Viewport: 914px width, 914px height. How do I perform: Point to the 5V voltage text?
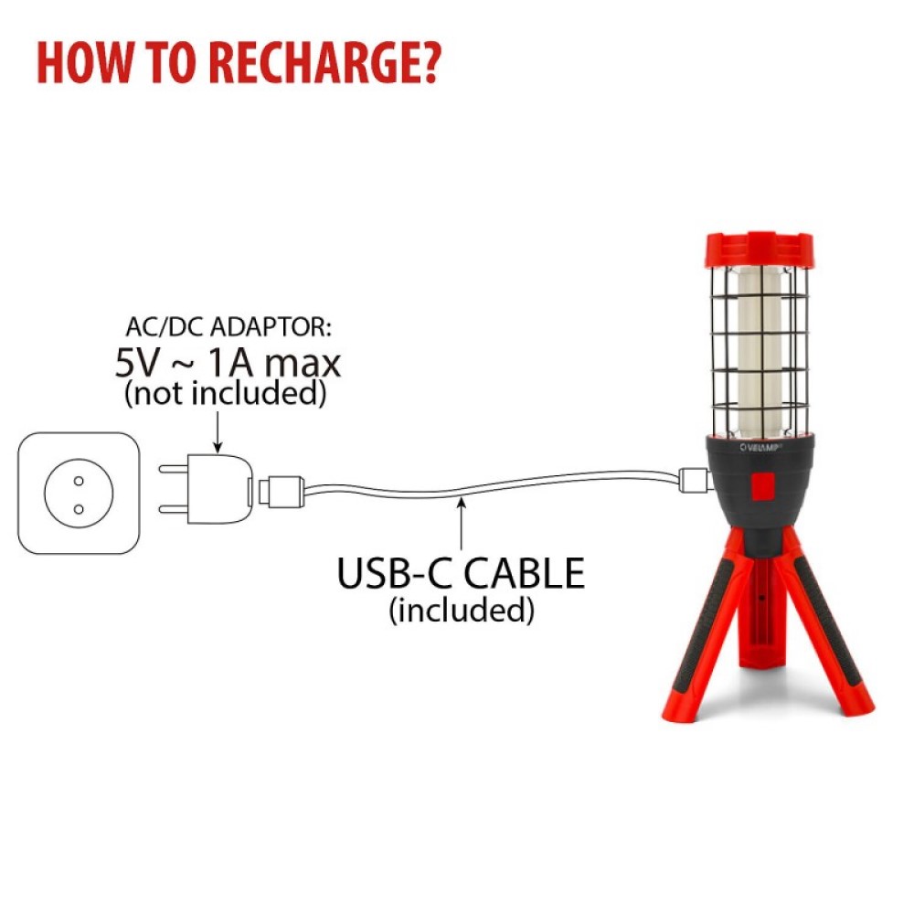(136, 364)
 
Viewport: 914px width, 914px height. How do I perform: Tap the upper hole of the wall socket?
(79, 481)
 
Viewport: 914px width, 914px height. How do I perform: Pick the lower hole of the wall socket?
(79, 509)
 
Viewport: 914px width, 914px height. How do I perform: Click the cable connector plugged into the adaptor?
(279, 492)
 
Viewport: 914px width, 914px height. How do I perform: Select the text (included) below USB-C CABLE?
(462, 610)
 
